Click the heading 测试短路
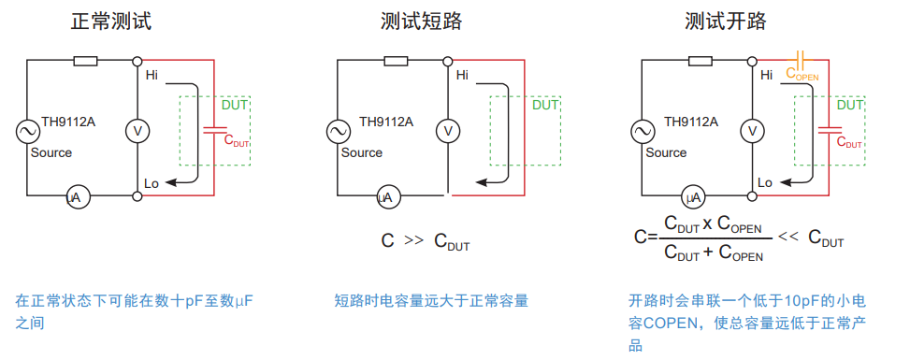click(x=420, y=21)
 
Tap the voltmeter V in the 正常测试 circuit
click(x=137, y=130)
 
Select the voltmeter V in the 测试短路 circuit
click(x=448, y=130)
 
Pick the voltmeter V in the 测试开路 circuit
click(x=752, y=131)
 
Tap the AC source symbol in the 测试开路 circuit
click(x=642, y=132)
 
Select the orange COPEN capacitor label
click(x=802, y=73)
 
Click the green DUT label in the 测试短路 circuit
click(x=545, y=106)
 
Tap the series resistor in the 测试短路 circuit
click(x=395, y=62)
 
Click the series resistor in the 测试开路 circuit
click(x=701, y=62)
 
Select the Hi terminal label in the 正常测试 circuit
click(x=152, y=75)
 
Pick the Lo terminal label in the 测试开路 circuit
click(x=765, y=182)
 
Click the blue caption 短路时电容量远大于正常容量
click(x=431, y=301)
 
